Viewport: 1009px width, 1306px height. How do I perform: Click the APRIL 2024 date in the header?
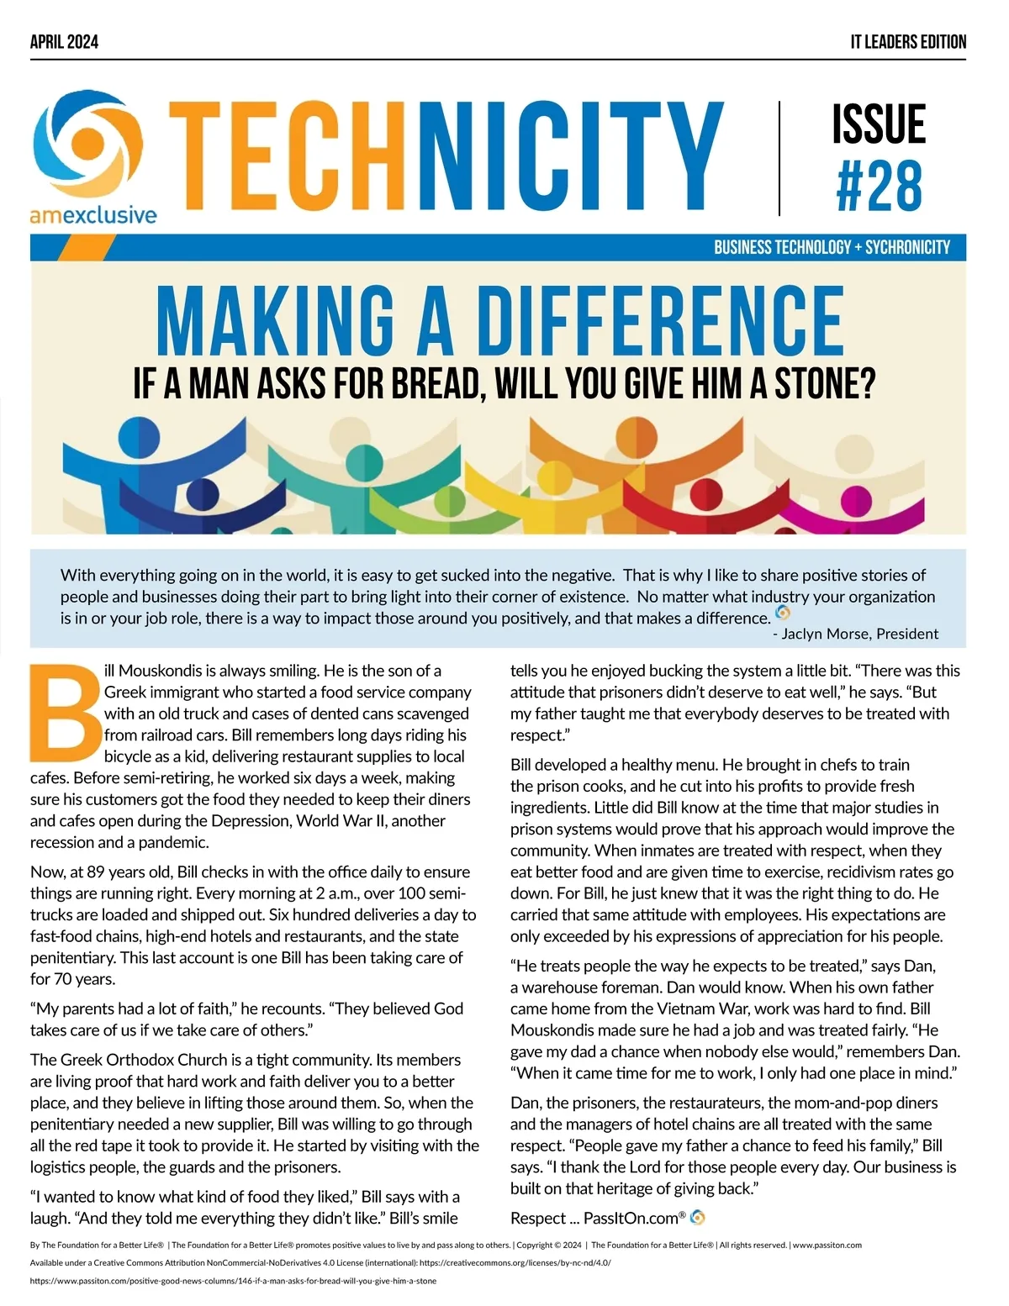(x=64, y=42)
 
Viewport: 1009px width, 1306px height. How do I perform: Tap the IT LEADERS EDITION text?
(x=908, y=42)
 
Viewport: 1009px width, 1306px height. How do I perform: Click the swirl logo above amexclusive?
(x=87, y=146)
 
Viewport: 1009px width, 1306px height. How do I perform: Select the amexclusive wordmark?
(x=93, y=215)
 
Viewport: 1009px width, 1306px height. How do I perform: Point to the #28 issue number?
(x=879, y=187)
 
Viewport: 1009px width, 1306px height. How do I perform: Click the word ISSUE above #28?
(x=879, y=124)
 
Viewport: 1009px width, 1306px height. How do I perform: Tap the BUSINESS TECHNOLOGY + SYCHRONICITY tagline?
(x=832, y=248)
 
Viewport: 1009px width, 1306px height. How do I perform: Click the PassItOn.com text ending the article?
(x=631, y=1218)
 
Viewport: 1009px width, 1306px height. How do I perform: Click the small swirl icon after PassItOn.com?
(x=697, y=1217)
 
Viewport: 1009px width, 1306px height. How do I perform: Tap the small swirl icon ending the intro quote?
(x=783, y=613)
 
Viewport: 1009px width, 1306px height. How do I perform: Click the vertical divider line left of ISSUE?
(x=779, y=158)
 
